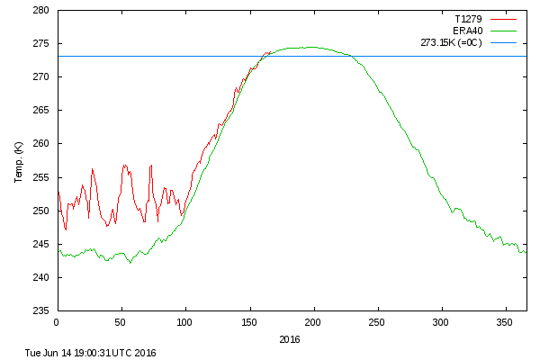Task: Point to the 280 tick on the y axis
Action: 40,11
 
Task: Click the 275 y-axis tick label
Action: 40,44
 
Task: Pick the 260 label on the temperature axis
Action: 40,144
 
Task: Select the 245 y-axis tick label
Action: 40,244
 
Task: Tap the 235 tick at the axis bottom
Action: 40,310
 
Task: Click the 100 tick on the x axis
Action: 185,321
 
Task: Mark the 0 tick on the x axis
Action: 57,321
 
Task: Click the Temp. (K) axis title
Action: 19,161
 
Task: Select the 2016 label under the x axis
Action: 290,339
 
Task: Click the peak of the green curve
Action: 310,47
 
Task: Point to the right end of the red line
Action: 269,52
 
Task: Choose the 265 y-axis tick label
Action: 40,111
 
